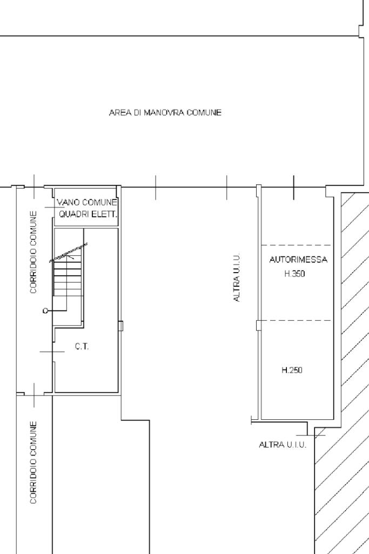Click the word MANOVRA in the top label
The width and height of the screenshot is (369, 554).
coord(164,113)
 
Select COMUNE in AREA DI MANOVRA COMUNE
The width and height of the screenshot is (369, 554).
coord(204,113)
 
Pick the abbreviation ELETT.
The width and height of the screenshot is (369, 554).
coord(105,214)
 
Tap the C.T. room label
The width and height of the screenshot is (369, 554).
coord(82,347)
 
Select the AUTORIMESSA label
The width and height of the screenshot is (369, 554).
coord(298,260)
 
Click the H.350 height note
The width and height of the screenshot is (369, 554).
coord(294,274)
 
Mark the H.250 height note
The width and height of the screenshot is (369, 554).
coord(292,370)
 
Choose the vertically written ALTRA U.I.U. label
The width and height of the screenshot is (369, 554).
coord(237,278)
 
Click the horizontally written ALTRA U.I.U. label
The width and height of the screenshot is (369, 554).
coord(283,445)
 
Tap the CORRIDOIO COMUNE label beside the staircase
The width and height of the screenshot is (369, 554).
coord(33,252)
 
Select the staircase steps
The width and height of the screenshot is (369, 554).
coord(68,278)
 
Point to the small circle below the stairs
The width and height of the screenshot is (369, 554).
coord(45,311)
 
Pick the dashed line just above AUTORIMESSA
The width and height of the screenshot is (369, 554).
coord(296,245)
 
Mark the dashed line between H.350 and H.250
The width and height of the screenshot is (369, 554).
coord(296,321)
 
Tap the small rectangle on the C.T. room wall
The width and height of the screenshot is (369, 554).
coord(120,326)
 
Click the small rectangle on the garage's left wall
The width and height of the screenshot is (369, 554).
coord(259,325)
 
